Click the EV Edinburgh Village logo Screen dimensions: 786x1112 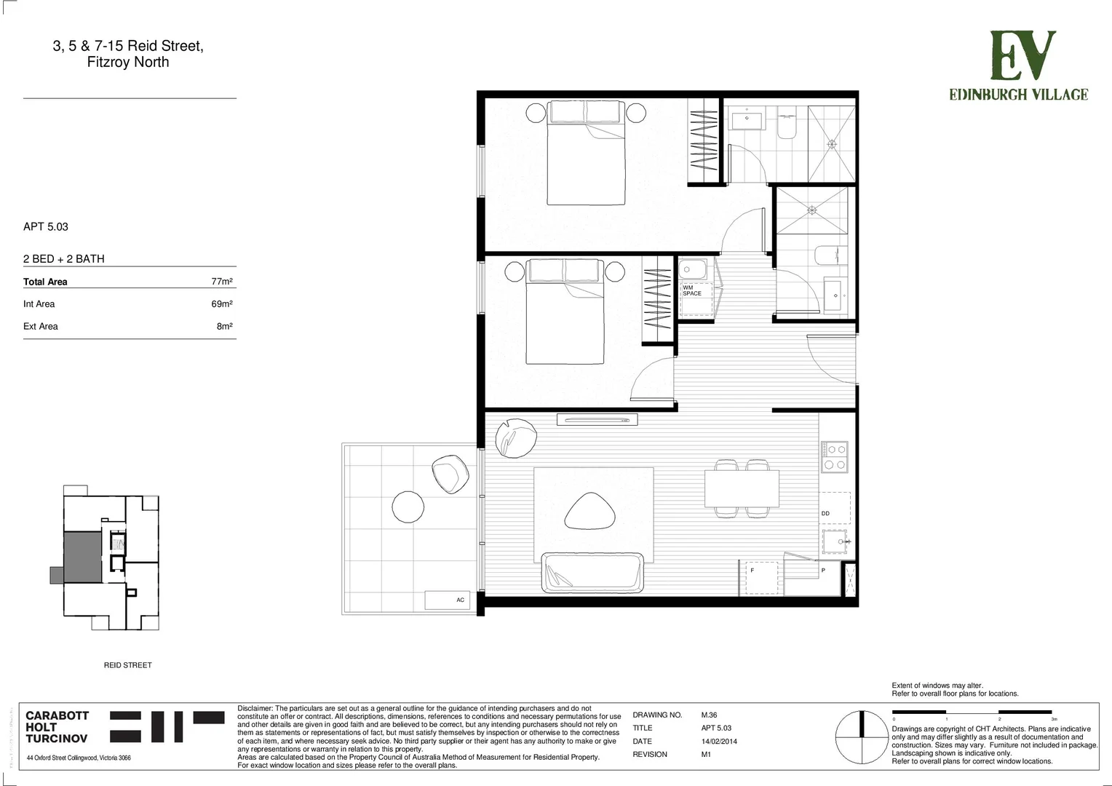1018,65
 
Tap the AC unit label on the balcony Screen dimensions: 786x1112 460,600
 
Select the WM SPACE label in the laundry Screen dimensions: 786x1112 691,290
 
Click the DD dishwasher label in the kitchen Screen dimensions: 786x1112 825,513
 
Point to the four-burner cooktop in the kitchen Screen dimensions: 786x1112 834,456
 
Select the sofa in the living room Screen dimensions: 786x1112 592,573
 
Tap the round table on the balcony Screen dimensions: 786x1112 408,507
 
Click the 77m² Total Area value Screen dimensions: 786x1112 222,282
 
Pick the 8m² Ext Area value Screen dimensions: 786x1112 224,326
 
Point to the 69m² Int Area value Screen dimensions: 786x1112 222,304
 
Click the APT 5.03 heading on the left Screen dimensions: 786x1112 46,227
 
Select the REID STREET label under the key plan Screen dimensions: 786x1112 127,665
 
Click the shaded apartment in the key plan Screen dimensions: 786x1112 82,557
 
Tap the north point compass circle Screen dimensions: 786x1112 861,737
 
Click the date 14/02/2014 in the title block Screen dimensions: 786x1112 719,742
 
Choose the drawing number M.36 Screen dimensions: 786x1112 709,715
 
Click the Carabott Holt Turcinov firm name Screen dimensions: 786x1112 57,727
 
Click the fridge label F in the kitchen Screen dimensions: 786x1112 752,571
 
